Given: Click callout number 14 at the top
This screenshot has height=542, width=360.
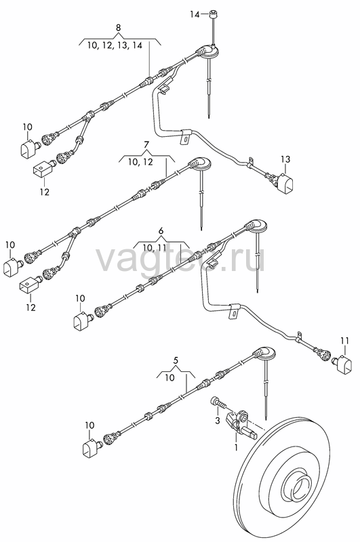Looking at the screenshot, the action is tap(195, 14).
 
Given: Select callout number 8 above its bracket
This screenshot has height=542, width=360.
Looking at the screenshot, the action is tap(119, 28).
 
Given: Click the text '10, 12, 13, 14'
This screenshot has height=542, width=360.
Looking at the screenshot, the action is tap(115, 45).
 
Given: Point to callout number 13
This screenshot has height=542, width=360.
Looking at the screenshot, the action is tap(285, 160).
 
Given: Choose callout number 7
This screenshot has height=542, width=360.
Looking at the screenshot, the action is tap(146, 145).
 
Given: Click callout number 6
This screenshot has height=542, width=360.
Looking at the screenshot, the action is tap(161, 230).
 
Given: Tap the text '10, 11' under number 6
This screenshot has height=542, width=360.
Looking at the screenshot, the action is tap(154, 247).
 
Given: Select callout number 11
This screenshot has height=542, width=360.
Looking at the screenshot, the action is tap(344, 341).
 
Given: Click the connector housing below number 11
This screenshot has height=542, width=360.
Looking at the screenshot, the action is tap(344, 364).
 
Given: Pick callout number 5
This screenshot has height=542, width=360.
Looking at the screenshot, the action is tap(176, 360).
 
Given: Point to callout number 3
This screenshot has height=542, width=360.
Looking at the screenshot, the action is tap(218, 421).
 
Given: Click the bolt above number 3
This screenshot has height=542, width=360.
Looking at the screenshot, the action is tap(217, 402).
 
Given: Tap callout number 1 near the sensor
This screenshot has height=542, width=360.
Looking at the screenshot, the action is tap(237, 448).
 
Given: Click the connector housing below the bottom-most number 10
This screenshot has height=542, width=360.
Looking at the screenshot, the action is tap(92, 448).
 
